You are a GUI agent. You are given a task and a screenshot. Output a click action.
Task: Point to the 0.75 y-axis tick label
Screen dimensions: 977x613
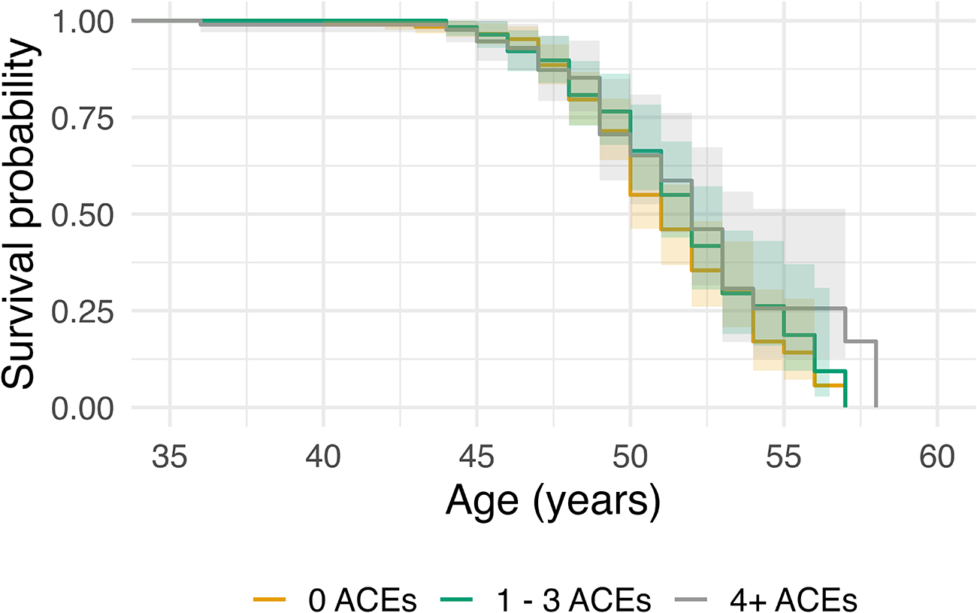83,119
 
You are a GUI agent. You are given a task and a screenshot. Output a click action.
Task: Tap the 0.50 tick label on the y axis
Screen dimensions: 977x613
83,215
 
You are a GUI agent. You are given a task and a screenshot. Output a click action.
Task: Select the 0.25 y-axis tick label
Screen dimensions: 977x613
83,312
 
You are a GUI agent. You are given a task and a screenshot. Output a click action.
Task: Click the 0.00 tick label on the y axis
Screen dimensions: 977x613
83,409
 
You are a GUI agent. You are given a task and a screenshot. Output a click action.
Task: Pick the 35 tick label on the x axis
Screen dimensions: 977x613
170,457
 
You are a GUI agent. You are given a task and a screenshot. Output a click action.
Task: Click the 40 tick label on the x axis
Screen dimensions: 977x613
323,457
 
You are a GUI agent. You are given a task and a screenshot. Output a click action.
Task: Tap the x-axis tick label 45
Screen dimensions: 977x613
477,457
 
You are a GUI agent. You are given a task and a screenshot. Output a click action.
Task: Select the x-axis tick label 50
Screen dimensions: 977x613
631,457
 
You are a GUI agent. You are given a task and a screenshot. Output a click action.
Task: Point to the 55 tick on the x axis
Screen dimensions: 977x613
784,457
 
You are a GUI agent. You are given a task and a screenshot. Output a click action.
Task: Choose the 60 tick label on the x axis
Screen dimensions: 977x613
937,457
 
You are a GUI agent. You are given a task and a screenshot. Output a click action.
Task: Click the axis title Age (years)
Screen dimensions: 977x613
553,503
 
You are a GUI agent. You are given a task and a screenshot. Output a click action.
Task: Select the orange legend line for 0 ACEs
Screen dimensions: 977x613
269,600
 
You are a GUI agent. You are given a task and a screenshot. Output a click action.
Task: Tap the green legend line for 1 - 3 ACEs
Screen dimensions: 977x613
457,600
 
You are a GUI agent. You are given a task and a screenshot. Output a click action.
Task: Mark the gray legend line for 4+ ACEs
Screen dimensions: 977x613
691,600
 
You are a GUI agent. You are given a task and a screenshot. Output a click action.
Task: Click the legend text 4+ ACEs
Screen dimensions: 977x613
794,601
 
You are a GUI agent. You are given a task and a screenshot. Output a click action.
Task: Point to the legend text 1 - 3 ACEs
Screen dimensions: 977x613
574,601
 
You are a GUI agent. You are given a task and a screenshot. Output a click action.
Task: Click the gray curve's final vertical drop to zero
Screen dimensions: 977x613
876,374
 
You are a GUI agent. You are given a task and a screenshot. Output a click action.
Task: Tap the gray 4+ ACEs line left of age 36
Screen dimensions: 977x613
166,20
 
